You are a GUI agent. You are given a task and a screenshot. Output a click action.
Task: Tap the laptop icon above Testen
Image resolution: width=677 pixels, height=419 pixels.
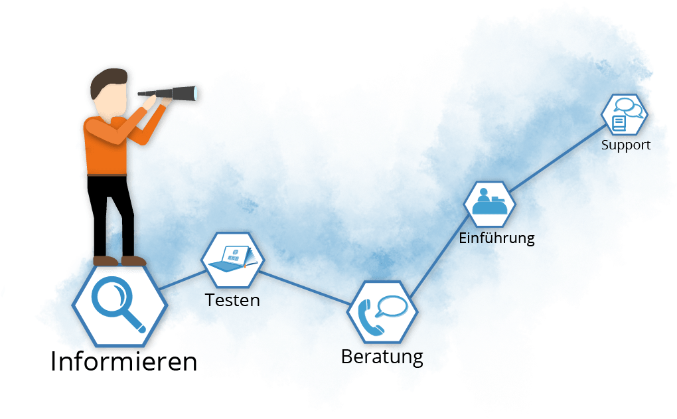pyautogui.click(x=232, y=260)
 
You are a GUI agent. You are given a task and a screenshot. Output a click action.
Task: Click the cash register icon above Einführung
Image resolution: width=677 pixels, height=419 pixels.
pyautogui.click(x=490, y=203)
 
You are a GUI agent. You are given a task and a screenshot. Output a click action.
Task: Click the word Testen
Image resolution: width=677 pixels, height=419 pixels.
pyautogui.click(x=232, y=300)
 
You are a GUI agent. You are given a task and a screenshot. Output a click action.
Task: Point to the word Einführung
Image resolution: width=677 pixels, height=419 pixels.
pyautogui.click(x=496, y=238)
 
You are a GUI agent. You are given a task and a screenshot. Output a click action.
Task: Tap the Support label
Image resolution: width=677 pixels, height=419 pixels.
pyautogui.click(x=626, y=145)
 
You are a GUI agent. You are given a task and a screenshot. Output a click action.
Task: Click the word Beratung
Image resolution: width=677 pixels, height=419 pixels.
pyautogui.click(x=382, y=357)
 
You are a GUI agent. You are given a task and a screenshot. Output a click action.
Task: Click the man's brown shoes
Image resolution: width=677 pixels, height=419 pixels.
pyautogui.click(x=119, y=260)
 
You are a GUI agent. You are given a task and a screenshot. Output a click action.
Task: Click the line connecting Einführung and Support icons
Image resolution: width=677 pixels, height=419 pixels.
pyautogui.click(x=558, y=159)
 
